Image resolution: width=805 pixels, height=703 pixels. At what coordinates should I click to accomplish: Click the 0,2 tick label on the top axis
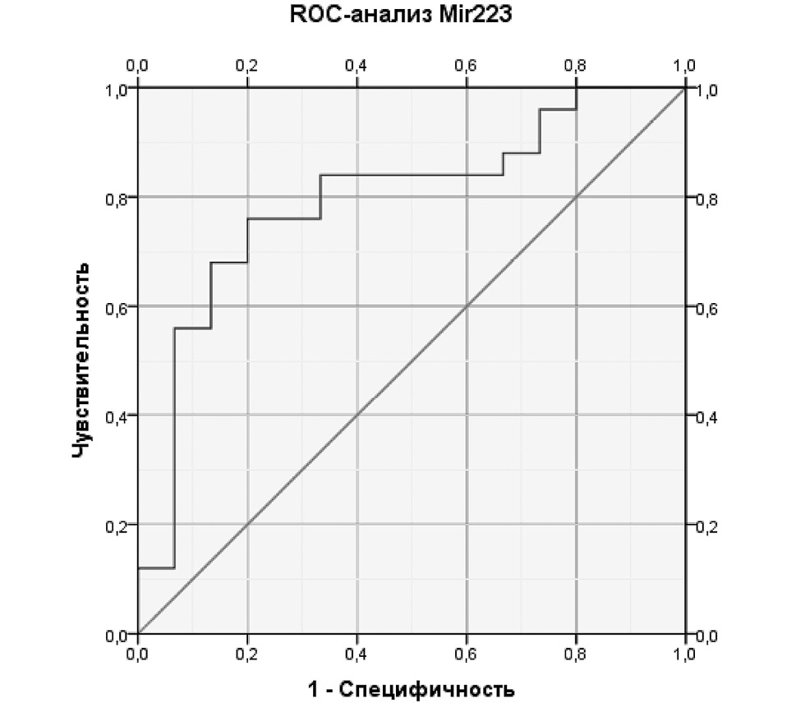coord(247,66)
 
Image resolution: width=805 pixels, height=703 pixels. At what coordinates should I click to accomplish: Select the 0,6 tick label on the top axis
coord(466,66)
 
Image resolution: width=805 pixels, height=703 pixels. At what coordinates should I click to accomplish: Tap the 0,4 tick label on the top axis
coord(356,66)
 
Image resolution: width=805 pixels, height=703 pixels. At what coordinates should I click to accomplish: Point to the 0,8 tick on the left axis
coord(117,197)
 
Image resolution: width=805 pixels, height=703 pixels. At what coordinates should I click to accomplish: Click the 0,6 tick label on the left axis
coord(117,307)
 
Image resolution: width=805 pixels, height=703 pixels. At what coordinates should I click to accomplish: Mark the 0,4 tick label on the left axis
coord(117,416)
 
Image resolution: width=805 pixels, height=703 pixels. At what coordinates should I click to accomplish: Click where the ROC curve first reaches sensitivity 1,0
coord(576,88)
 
